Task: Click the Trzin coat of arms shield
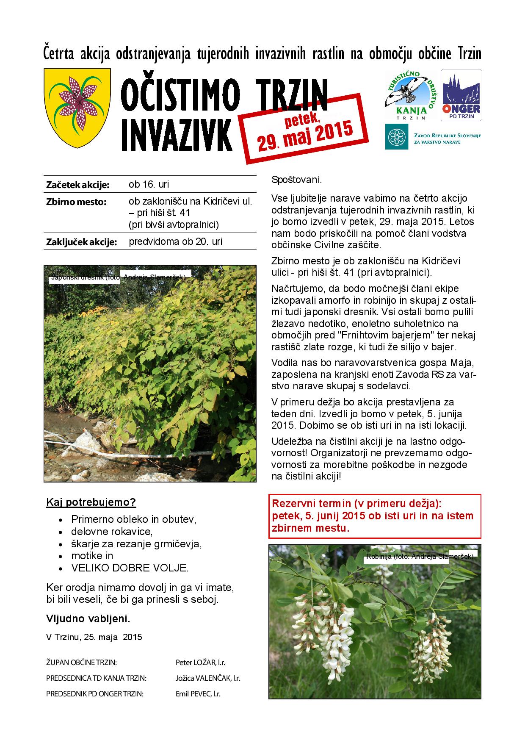tap(77, 108)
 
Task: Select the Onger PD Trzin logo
tap(461, 95)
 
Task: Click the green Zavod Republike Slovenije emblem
tap(396, 136)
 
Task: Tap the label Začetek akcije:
tap(77, 185)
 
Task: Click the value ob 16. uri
tap(149, 185)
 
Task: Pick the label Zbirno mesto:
tap(76, 202)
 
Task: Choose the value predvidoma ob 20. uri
tap(175, 242)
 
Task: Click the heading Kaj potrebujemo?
tap(91, 502)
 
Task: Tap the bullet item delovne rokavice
tap(111, 531)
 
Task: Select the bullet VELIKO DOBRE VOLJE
tap(130, 568)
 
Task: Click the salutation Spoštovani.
tap(296, 180)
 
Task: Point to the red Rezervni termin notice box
tap(375, 516)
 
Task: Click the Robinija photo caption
tap(419, 557)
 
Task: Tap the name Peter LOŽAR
tap(200, 662)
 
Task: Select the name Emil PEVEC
tap(198, 694)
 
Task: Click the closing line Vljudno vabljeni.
tap(88, 619)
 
